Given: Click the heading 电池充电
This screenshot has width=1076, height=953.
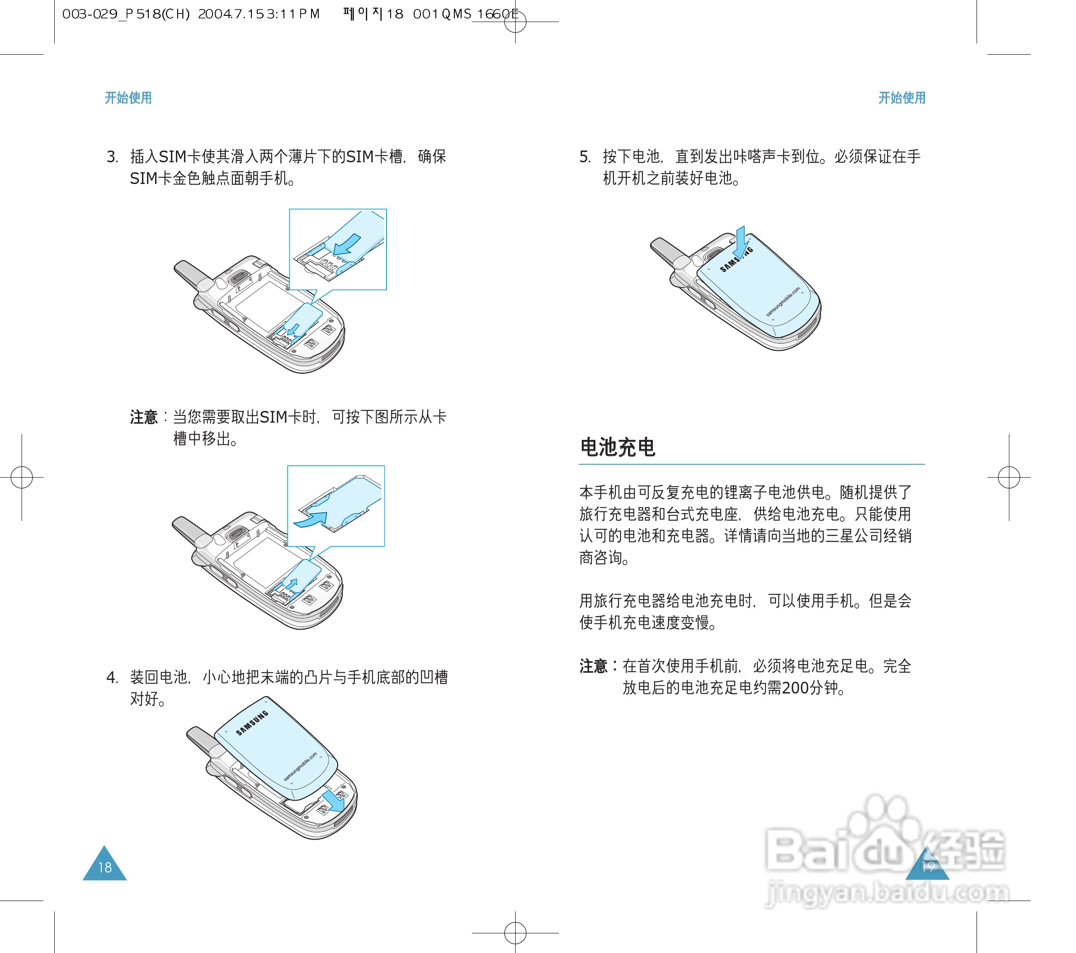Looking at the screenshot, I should [618, 448].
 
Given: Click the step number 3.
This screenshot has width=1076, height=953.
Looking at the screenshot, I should [111, 157].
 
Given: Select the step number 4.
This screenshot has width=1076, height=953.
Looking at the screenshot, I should [111, 678].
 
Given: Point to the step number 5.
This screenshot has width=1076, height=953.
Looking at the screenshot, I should [584, 157].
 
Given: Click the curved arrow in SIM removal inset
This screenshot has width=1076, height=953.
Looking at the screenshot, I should [311, 519].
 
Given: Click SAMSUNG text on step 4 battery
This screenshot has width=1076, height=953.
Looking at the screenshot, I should [252, 722].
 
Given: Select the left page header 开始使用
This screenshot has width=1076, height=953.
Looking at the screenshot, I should [128, 98].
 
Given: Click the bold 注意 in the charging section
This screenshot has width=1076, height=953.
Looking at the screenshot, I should [593, 666].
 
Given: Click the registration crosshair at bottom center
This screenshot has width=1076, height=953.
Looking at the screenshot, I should [515, 933].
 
